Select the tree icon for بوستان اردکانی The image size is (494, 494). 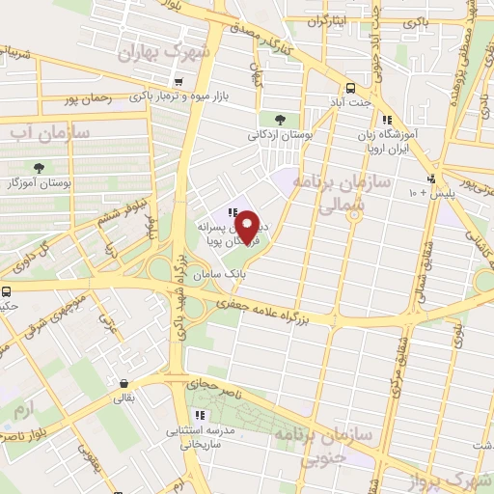(280, 120)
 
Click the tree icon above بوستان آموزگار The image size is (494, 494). (40, 169)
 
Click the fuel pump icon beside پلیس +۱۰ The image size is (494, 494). (430, 178)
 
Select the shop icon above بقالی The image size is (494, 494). (125, 382)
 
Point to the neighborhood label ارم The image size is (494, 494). (22, 410)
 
